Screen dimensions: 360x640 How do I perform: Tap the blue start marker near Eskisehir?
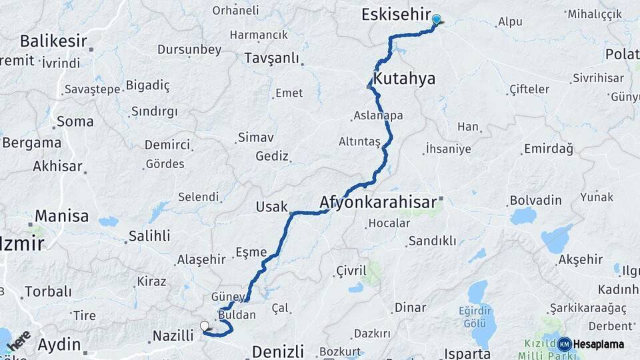(436, 19)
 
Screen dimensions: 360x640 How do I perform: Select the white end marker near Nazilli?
(205, 326)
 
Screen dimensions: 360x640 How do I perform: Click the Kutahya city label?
(404, 79)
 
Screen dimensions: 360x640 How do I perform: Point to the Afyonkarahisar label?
(378, 201)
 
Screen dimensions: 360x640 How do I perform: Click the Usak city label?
(271, 207)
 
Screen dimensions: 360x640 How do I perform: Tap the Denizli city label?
(277, 351)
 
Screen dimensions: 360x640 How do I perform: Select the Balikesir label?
(53, 41)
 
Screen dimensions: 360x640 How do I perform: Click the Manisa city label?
(61, 216)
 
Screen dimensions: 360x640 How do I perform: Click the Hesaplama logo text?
(598, 344)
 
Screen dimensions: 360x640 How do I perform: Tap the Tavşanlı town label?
(271, 58)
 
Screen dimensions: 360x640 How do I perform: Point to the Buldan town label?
(237, 314)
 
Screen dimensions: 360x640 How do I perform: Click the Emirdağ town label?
(548, 149)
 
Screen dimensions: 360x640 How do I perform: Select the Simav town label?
(255, 138)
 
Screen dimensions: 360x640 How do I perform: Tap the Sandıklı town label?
(432, 241)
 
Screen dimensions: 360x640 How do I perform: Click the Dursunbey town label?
(189, 49)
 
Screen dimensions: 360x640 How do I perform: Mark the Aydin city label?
(59, 345)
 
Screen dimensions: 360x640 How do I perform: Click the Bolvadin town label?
(535, 199)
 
